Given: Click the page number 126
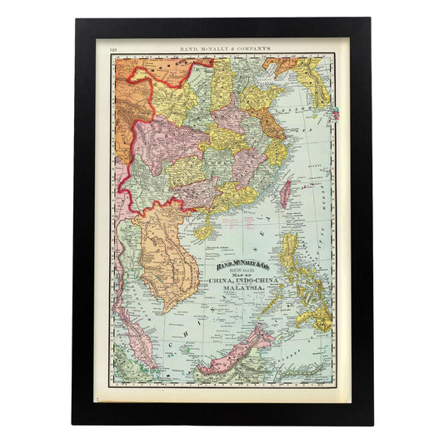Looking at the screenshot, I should [113, 50].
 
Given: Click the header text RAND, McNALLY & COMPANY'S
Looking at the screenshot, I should [221, 50].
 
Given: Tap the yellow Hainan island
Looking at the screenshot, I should [204, 224].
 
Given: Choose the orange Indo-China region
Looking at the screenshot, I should [171, 250].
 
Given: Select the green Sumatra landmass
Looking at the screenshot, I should [125, 367].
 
